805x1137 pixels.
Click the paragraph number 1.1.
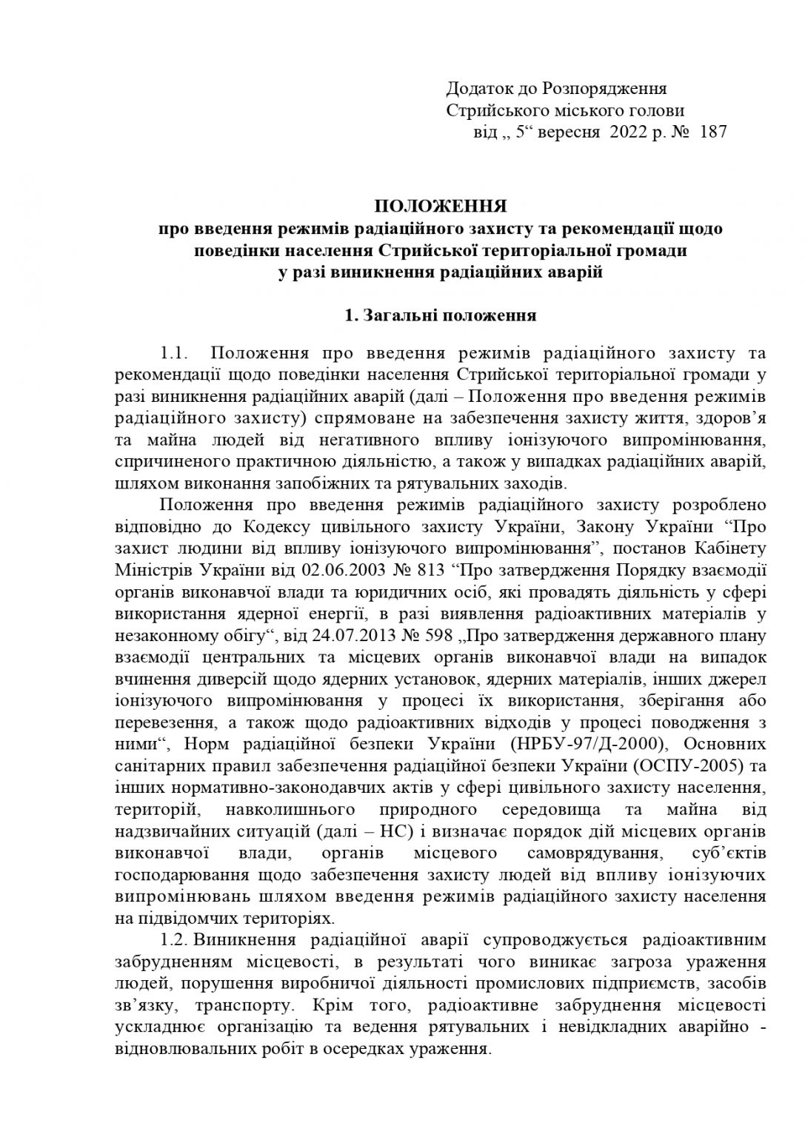[x=176, y=353]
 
